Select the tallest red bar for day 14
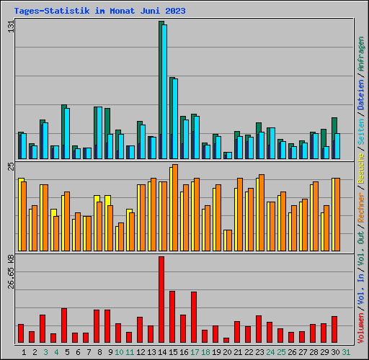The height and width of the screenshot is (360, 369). point(161,299)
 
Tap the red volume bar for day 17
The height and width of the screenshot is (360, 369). point(194,317)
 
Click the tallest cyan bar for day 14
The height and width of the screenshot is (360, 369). point(164,91)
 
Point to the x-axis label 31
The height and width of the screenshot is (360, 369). point(346,351)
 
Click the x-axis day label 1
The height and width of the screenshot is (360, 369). point(24,351)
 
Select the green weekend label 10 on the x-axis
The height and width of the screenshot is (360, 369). point(119,351)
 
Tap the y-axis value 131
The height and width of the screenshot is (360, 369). point(10,27)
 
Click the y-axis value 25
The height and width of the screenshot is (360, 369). point(10,167)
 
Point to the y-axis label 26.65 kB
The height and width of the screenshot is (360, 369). point(10,271)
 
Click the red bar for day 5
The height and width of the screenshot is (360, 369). point(64,325)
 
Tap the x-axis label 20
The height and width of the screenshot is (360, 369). point(227,351)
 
